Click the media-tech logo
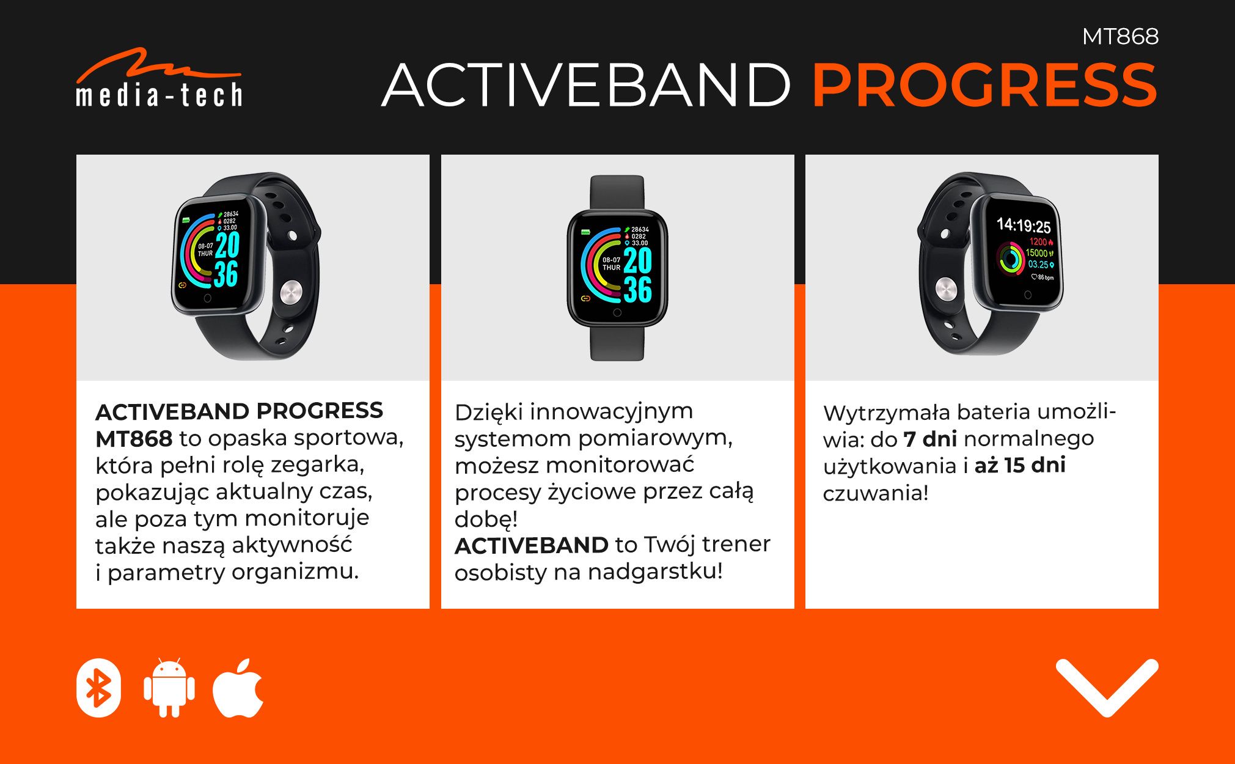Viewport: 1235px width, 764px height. click(159, 78)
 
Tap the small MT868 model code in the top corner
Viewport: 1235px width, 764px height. click(1120, 37)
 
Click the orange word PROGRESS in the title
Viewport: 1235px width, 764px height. click(984, 85)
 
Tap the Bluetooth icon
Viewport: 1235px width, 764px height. click(98, 688)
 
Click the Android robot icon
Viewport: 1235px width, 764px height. click(169, 688)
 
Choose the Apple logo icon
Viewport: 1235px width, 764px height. click(238, 687)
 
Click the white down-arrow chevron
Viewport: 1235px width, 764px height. click(1107, 687)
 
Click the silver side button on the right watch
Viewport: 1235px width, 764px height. click(945, 289)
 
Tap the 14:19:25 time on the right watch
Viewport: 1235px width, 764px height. click(1024, 226)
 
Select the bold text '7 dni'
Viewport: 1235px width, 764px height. click(930, 439)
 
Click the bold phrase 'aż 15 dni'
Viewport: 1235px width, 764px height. click(1020, 465)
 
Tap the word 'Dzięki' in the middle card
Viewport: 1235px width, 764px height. click(488, 413)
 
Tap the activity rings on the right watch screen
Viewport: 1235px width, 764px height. click(1011, 259)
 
